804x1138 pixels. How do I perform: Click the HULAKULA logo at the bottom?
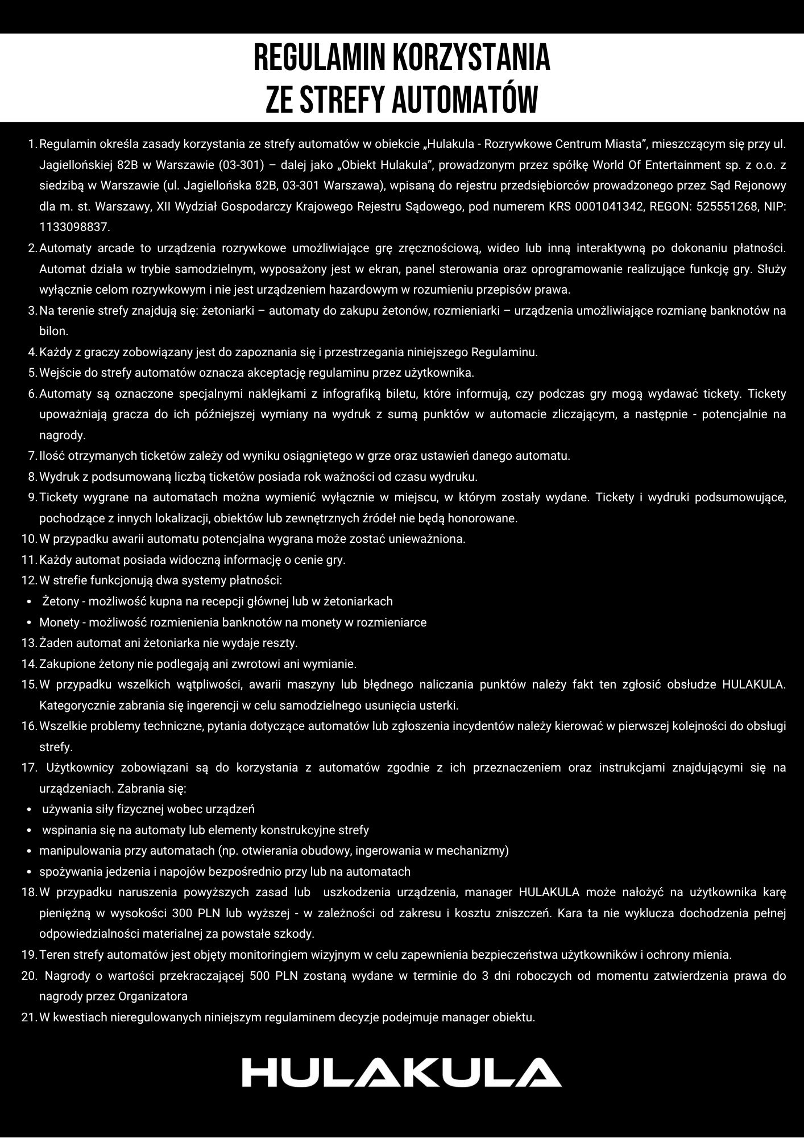(x=401, y=1073)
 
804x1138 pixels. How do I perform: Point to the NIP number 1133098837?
(x=74, y=227)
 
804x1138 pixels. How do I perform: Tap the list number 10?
(x=29, y=538)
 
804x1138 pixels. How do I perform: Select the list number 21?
(x=29, y=1017)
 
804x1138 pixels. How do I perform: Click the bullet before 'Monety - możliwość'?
(x=29, y=622)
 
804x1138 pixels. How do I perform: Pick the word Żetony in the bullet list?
(x=61, y=601)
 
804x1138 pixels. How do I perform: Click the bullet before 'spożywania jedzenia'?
(x=29, y=872)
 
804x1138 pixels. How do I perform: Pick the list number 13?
(x=29, y=643)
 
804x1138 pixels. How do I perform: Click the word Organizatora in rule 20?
(x=153, y=996)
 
